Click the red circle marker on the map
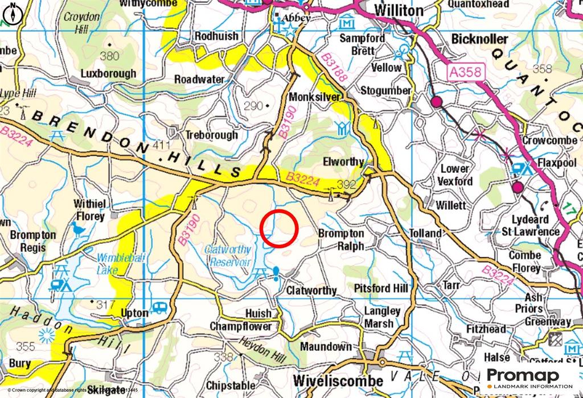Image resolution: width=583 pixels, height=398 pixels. pyautogui.click(x=280, y=229)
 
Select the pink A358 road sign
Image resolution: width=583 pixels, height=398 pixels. pyautogui.click(x=465, y=72)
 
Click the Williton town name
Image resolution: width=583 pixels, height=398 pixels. pyautogui.click(x=399, y=10)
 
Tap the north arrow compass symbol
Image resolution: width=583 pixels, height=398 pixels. pyautogui.click(x=13, y=13)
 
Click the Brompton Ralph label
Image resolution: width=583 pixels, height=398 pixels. pyautogui.click(x=341, y=239)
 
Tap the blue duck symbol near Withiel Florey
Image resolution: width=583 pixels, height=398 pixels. pyautogui.click(x=78, y=229)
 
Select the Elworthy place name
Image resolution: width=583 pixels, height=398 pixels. pyautogui.click(x=343, y=161)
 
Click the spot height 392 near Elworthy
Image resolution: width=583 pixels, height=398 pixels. pyautogui.click(x=346, y=184)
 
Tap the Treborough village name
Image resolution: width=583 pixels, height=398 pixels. pyautogui.click(x=211, y=135)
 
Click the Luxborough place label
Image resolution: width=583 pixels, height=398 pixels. pyautogui.click(x=108, y=73)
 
